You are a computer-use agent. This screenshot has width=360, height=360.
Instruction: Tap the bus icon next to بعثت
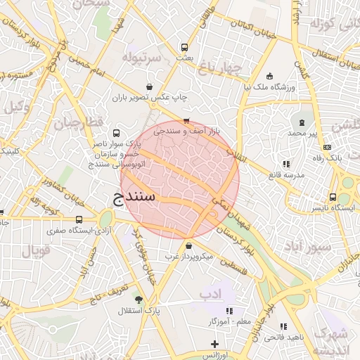(x=184, y=48)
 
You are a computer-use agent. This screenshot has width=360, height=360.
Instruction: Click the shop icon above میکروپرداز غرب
(x=191, y=246)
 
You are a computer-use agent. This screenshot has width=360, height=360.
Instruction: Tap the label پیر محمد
(x=302, y=132)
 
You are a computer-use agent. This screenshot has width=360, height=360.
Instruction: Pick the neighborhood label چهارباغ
(x=219, y=68)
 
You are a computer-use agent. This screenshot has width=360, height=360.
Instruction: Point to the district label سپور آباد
(x=306, y=247)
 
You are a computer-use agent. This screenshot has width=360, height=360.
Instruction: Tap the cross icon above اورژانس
(x=214, y=344)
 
